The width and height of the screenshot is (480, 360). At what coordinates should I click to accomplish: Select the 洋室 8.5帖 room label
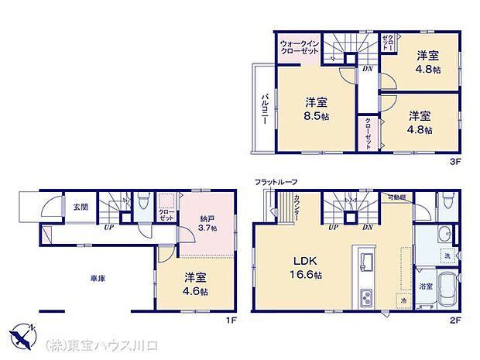(x=315, y=108)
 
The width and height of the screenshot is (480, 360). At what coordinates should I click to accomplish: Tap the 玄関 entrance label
(x=81, y=207)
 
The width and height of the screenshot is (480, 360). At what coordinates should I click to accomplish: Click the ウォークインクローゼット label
(x=299, y=47)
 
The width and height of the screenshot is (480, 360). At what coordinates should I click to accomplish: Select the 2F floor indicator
(x=456, y=317)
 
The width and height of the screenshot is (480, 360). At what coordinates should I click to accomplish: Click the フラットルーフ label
(x=276, y=182)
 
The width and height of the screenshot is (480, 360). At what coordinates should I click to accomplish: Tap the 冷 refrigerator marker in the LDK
(x=404, y=300)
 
